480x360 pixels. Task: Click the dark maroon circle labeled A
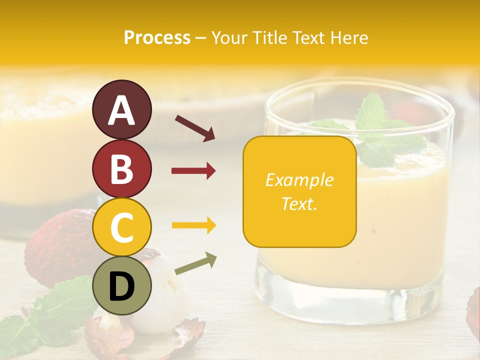click(121, 110)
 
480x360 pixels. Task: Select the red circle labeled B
click(121, 168)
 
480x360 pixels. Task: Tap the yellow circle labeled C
click(121, 227)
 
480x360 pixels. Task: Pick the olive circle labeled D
click(121, 285)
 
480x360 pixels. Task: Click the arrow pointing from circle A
click(195, 128)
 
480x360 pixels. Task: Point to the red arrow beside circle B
click(193, 171)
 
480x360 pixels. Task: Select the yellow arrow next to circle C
click(193, 225)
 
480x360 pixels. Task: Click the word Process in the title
click(157, 37)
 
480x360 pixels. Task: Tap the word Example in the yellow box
click(299, 180)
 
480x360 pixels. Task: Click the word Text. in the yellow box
click(299, 203)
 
